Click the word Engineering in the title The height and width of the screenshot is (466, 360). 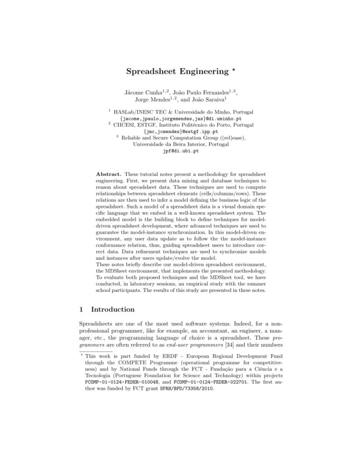[x=201, y=72]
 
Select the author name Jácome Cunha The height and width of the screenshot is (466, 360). [x=140, y=92]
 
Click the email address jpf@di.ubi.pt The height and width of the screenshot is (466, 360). [x=180, y=150]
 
